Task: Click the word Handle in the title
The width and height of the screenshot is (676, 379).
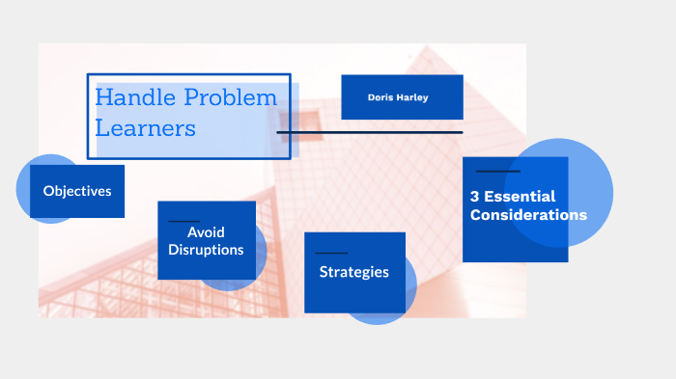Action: [127, 98]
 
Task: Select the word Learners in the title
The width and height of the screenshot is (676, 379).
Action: [145, 127]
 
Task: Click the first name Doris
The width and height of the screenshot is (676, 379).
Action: [383, 97]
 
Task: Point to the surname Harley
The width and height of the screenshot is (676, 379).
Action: [418, 97]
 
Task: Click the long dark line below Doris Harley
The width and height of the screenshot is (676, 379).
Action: [370, 132]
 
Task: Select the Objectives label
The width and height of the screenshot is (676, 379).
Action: [77, 191]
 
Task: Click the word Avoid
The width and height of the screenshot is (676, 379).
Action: [206, 232]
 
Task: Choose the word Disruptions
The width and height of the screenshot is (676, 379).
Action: [206, 250]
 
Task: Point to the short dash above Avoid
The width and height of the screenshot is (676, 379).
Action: [183, 221]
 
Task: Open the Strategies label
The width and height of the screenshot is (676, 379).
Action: [354, 272]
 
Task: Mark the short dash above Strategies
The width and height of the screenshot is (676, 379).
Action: [331, 253]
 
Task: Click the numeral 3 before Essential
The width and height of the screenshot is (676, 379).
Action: [474, 197]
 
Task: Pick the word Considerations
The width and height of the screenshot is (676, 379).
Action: [528, 215]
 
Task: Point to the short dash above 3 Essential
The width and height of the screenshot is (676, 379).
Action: [498, 171]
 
